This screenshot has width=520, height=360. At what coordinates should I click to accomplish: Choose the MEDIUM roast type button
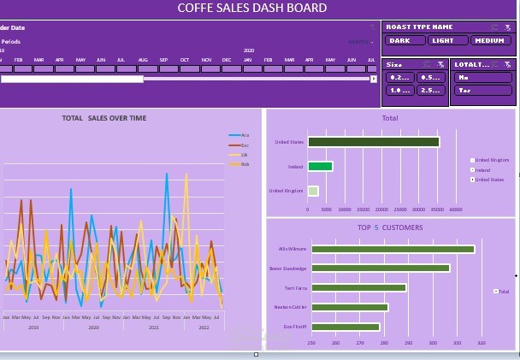coord(492,40)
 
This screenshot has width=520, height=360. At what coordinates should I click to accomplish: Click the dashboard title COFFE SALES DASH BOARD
coord(251,9)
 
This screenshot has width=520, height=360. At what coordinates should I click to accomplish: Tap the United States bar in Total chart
coord(373,142)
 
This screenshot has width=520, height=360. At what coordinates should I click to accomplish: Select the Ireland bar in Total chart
coord(320,167)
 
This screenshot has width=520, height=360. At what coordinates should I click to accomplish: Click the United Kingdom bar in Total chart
coord(313,191)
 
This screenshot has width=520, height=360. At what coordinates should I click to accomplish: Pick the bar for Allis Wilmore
coord(393,250)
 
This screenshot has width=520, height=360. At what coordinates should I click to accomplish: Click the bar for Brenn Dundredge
coord(381,269)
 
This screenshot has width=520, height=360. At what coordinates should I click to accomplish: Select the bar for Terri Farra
coord(358,288)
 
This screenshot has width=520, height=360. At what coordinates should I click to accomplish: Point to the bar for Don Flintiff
coord(346,327)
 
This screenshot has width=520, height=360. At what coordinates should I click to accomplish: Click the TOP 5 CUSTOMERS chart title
coord(389,227)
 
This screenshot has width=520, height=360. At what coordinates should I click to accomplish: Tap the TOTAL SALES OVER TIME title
coord(104,118)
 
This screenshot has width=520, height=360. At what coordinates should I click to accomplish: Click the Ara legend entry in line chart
coord(239,136)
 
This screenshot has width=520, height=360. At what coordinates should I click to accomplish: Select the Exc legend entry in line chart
coord(239,145)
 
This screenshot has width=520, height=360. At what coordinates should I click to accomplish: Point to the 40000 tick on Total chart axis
coord(455,210)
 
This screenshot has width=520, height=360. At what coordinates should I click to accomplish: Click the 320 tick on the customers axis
coord(481,343)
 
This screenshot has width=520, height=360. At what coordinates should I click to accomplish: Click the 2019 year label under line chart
coord(33,328)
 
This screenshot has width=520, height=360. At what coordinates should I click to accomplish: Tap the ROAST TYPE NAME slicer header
coord(419,27)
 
